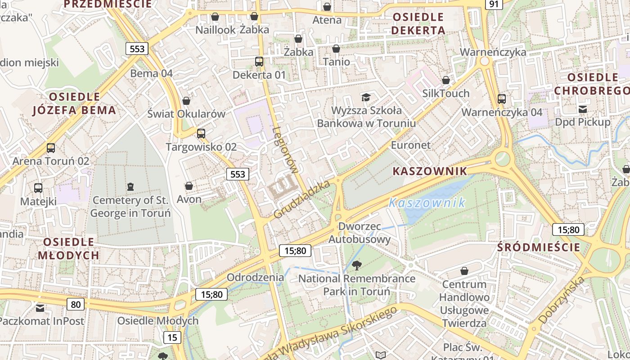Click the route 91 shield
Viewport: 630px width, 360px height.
494,4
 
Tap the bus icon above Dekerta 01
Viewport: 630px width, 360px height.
259,62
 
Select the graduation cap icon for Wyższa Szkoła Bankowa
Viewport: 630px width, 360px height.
366,97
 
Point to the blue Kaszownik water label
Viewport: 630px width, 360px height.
427,203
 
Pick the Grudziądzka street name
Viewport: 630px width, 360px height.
302,199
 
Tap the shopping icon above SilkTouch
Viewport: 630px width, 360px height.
446,81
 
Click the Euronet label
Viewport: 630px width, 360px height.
410,145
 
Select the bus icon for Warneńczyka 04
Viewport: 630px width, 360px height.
502,99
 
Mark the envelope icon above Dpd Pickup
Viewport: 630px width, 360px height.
583,109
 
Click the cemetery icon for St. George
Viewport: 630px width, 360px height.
130,186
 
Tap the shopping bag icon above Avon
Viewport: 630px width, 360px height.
189,186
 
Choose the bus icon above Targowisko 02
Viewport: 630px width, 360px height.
201,134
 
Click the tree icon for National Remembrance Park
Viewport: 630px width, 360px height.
357,265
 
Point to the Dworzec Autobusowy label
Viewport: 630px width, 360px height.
359,233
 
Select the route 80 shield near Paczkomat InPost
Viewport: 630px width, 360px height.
76,305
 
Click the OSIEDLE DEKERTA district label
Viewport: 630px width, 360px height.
418,24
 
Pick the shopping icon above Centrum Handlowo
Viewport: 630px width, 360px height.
464,271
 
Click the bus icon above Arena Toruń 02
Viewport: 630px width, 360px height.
51,148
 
